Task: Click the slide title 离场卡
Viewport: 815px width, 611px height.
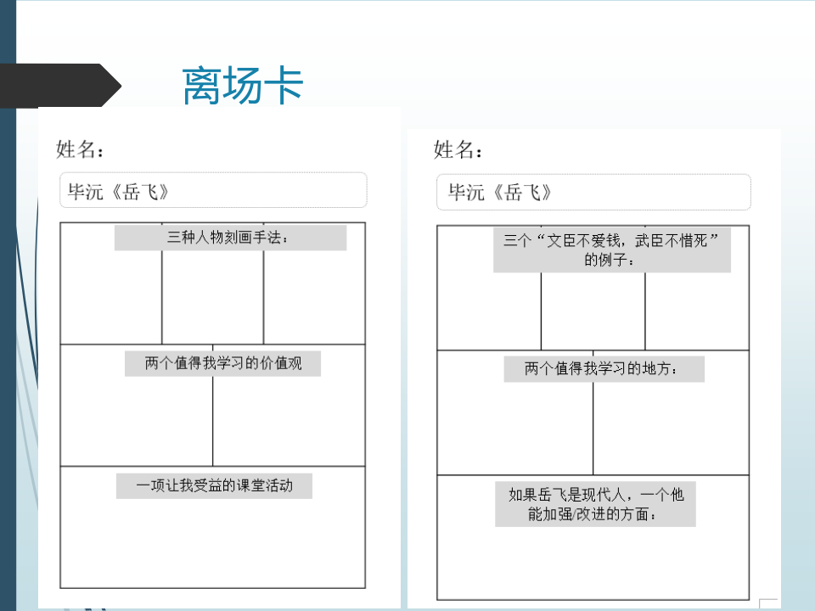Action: click(243, 86)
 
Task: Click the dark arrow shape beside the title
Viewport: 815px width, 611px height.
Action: click(60, 86)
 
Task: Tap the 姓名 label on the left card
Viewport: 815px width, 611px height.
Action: click(80, 149)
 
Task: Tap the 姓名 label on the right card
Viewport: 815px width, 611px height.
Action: click(458, 149)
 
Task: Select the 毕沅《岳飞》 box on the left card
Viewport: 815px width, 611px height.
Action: click(213, 190)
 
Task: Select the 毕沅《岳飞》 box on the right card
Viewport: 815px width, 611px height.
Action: click(593, 193)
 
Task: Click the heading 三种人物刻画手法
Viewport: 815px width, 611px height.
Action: click(230, 238)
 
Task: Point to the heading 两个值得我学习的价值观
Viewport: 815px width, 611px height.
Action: click(222, 363)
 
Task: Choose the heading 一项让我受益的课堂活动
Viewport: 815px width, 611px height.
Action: click(214, 485)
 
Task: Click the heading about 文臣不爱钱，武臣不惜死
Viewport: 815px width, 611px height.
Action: click(612, 249)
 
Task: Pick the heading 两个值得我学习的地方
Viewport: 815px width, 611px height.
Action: click(604, 369)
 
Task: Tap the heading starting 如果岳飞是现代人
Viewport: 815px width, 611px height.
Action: click(595, 504)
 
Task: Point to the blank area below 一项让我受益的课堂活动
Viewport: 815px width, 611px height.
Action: click(212, 543)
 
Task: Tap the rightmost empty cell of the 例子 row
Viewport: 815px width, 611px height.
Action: click(697, 311)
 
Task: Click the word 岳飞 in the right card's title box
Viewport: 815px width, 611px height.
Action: click(523, 193)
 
